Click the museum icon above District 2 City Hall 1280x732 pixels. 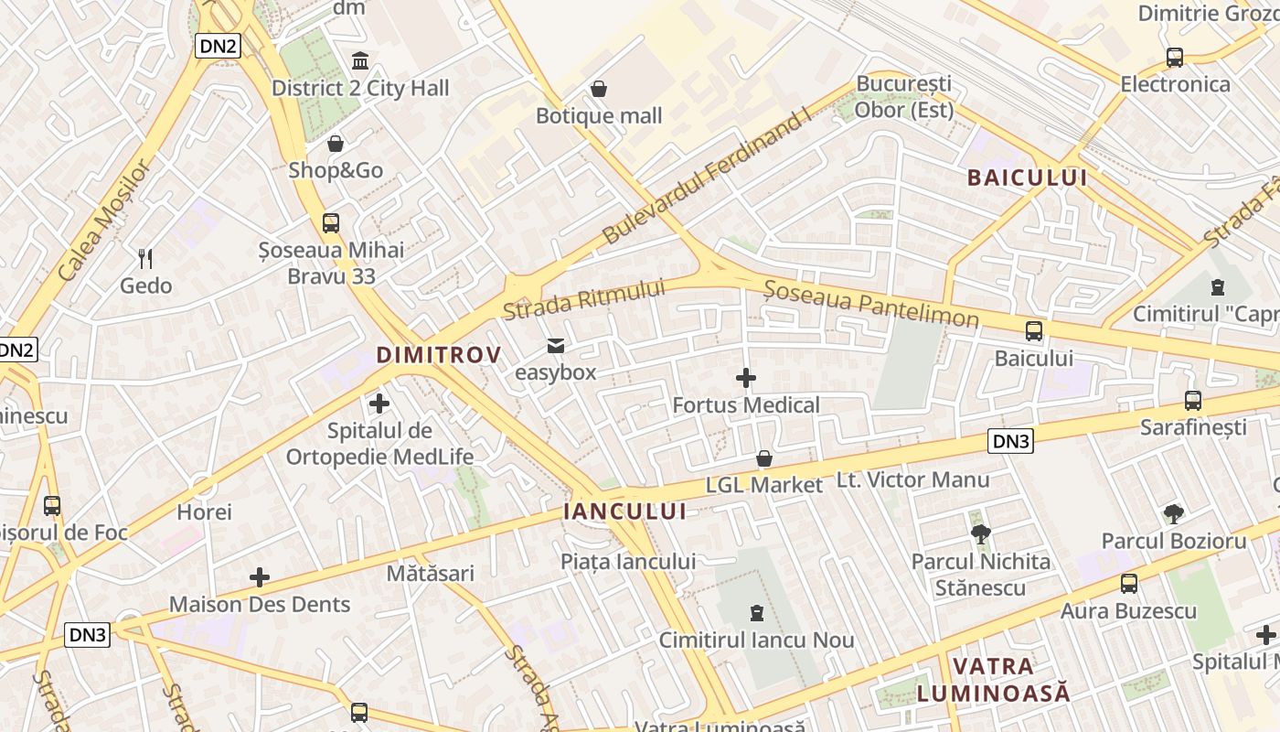[x=360, y=61]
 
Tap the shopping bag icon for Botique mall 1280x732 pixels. [x=599, y=89]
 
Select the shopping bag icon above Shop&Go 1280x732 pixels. [x=336, y=144]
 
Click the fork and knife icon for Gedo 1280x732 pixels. [x=145, y=259]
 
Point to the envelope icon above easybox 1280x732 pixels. [x=555, y=346]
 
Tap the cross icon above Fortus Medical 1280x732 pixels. [x=746, y=378]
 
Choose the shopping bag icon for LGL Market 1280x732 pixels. [x=764, y=458]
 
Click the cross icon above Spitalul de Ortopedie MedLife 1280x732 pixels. [x=379, y=403]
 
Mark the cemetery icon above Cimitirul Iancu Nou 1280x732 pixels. [x=756, y=612]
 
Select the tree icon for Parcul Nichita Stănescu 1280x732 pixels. [x=980, y=533]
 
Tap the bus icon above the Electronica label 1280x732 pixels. [x=1175, y=58]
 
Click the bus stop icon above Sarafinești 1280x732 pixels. [x=1193, y=400]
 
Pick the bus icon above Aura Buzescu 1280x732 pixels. [x=1129, y=584]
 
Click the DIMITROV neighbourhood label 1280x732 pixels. [x=439, y=355]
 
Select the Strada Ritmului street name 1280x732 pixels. [x=583, y=300]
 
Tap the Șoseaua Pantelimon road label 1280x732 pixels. [x=871, y=304]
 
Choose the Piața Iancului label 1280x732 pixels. [x=628, y=562]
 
